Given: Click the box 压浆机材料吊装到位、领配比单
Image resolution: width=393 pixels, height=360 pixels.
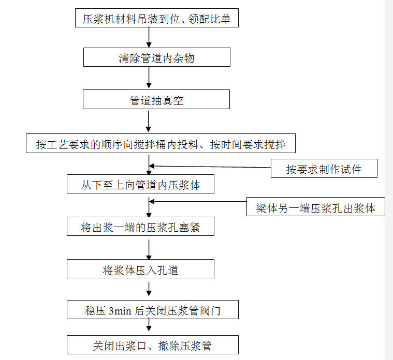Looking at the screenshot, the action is (x=157, y=18).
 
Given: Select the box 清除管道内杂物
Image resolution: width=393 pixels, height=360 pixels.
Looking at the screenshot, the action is (x=157, y=57).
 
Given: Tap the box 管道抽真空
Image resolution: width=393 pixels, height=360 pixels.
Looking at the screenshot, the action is (x=156, y=99).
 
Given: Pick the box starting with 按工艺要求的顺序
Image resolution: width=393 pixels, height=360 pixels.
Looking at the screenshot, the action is (x=161, y=143).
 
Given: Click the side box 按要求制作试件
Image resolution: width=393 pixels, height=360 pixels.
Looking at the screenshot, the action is (x=324, y=168).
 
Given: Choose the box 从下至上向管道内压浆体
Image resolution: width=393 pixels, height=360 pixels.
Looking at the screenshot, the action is (x=140, y=184).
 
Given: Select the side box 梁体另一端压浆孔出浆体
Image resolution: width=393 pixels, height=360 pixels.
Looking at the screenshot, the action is (x=315, y=207).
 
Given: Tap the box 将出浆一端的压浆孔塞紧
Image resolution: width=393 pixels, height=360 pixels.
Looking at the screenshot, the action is (x=140, y=227).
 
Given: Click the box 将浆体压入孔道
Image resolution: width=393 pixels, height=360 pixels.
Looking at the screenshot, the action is (x=140, y=268).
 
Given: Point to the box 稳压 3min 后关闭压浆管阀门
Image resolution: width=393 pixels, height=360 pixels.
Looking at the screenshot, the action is (x=153, y=309).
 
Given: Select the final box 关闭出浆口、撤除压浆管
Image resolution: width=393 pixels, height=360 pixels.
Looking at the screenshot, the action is (x=153, y=344).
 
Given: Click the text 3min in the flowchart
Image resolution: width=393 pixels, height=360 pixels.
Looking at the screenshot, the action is (x=120, y=311).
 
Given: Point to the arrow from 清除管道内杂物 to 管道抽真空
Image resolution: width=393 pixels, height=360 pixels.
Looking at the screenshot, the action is (x=149, y=78).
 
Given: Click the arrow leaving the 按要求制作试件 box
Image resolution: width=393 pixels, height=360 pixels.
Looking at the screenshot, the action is (x=210, y=167).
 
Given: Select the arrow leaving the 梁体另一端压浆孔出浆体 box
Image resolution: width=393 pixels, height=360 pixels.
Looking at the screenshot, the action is (x=198, y=201).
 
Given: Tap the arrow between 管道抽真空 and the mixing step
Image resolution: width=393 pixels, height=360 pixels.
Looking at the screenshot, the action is (x=149, y=122).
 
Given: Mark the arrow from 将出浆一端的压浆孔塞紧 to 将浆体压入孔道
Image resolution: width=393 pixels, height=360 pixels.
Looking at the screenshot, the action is (x=149, y=250).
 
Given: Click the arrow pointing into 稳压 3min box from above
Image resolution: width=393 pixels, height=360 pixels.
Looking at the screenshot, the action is (x=149, y=289).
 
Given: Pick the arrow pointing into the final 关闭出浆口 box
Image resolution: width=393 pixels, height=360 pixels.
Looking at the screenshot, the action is (x=149, y=325).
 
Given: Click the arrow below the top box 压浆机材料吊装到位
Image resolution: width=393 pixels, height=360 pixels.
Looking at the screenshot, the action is (x=149, y=37).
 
